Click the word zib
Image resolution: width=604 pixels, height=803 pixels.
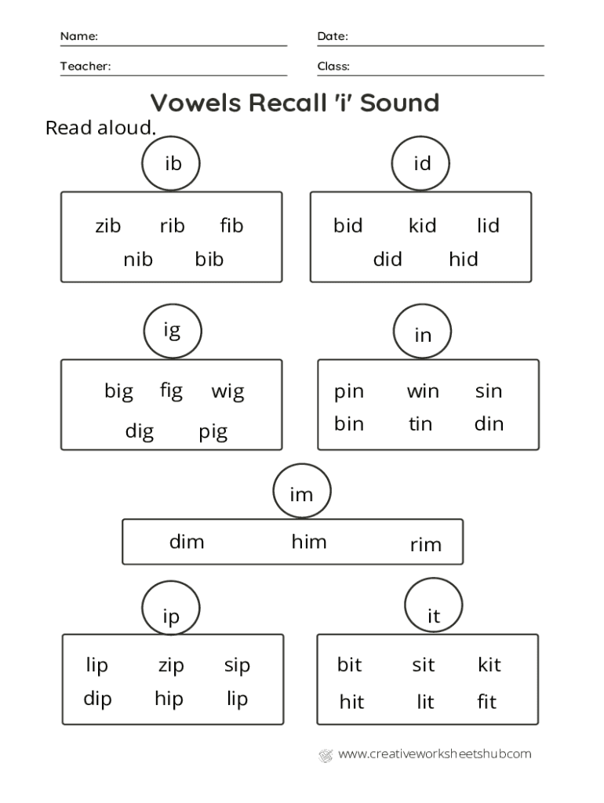tap(108, 226)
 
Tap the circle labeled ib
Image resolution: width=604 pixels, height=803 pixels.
tap(172, 163)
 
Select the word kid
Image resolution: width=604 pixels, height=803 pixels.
tap(422, 226)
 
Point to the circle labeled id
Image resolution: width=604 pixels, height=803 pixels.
tap(422, 163)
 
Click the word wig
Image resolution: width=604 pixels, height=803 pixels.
tap(227, 391)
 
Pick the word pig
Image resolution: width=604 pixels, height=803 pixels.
tap(213, 431)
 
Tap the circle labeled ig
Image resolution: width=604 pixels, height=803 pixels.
tap(172, 332)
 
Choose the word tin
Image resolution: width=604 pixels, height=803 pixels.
tap(420, 424)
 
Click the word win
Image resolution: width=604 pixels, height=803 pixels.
tap(423, 391)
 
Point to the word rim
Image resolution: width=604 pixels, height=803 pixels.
tap(426, 544)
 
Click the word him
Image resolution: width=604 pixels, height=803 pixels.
tap(309, 541)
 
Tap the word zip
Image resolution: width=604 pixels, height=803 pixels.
tap(171, 666)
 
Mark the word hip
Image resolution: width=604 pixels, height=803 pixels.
tap(169, 699)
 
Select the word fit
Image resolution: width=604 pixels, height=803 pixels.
tap(487, 701)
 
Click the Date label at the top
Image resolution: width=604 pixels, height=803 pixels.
tap(333, 37)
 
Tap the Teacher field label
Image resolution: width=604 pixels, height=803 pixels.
tap(86, 67)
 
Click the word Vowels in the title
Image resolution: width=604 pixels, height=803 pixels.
tap(195, 103)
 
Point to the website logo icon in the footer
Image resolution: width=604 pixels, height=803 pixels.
tap(326, 755)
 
